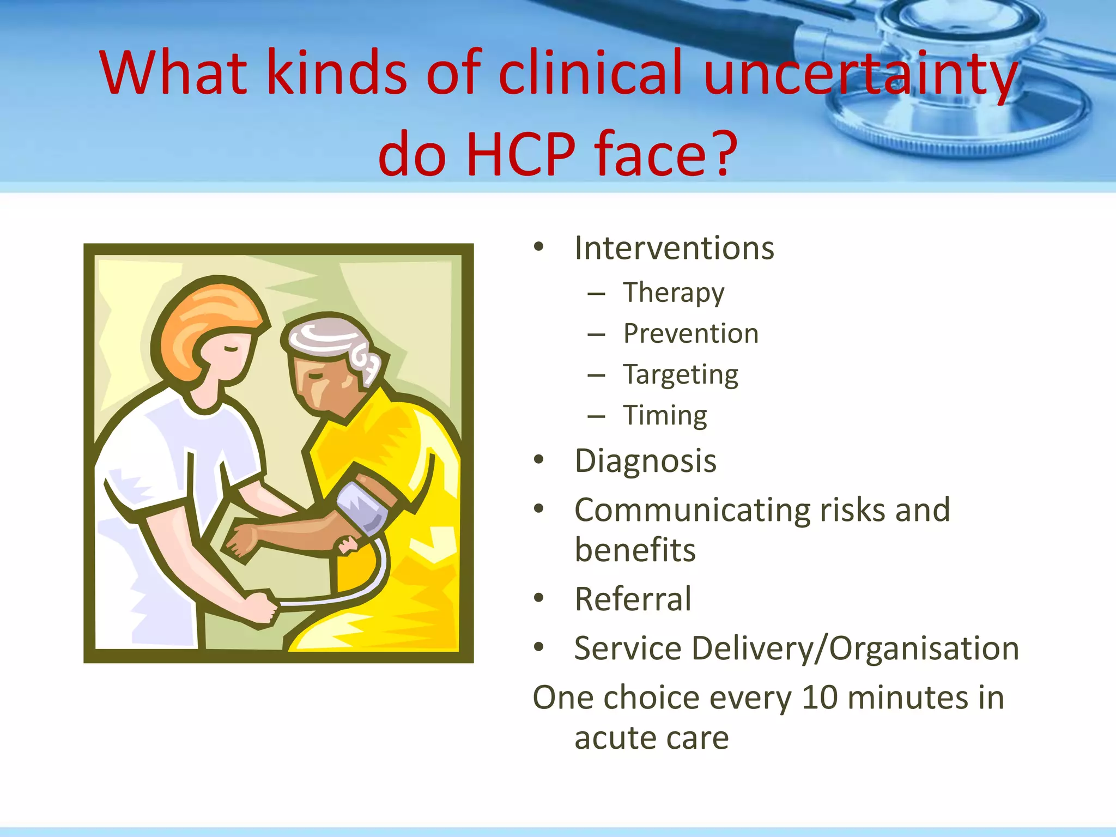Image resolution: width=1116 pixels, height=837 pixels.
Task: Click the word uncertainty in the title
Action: pos(860,74)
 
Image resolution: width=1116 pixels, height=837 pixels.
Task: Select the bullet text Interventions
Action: pos(674,248)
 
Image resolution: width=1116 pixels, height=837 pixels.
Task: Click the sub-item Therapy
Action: pos(674,293)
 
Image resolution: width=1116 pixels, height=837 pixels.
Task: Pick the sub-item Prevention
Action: pos(690,333)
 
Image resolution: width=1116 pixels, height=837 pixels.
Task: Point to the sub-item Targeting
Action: pos(681,375)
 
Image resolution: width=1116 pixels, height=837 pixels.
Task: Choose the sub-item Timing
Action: pos(665,416)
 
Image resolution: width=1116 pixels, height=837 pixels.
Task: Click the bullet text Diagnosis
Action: pos(645,461)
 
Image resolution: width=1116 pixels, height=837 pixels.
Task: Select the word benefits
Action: pos(635,550)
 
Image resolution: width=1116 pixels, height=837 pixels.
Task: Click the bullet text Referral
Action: pos(633,599)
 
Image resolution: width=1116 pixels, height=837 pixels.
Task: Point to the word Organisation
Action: pos(924,648)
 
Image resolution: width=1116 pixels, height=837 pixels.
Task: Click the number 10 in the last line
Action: pos(820,697)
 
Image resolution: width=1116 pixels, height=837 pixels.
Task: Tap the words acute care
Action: pos(651,738)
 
